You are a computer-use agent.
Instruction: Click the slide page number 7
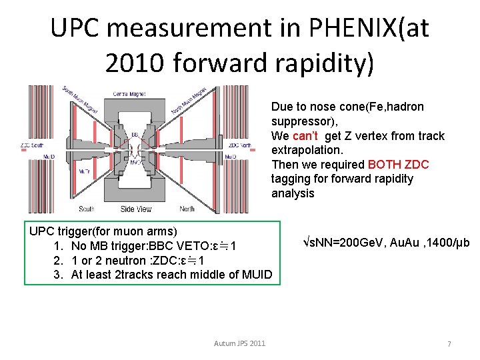tap(449, 344)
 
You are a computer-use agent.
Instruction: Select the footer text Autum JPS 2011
tap(239, 343)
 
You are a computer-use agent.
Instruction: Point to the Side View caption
tap(136, 209)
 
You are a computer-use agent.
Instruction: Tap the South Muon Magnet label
tap(79, 100)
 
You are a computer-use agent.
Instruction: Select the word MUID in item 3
tap(257, 275)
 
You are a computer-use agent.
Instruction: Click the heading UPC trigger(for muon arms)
tap(103, 231)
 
